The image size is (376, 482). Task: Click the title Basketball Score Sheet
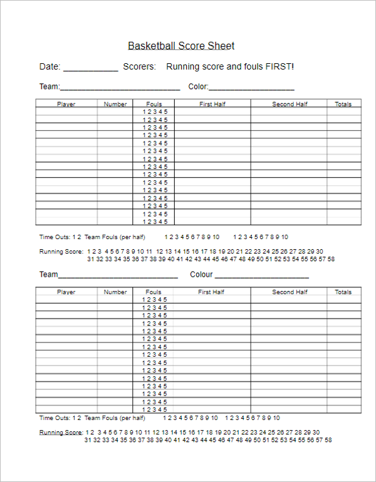[181, 46]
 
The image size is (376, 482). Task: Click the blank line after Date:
[90, 68]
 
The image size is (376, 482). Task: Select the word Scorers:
[139, 66]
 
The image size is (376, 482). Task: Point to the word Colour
[201, 274]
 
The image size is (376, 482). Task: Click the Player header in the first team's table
[66, 105]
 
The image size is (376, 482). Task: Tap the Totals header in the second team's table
[343, 292]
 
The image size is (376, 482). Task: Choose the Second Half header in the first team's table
[290, 105]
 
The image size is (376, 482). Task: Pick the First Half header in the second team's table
[211, 292]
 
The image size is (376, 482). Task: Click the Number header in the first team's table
[115, 105]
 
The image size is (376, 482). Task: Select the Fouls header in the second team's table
[154, 292]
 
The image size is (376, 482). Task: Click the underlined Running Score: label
[61, 433]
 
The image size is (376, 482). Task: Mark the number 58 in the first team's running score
[331, 259]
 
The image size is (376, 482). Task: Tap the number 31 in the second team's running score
[88, 440]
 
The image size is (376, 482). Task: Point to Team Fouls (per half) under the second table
[115, 418]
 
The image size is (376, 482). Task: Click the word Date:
[50, 66]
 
